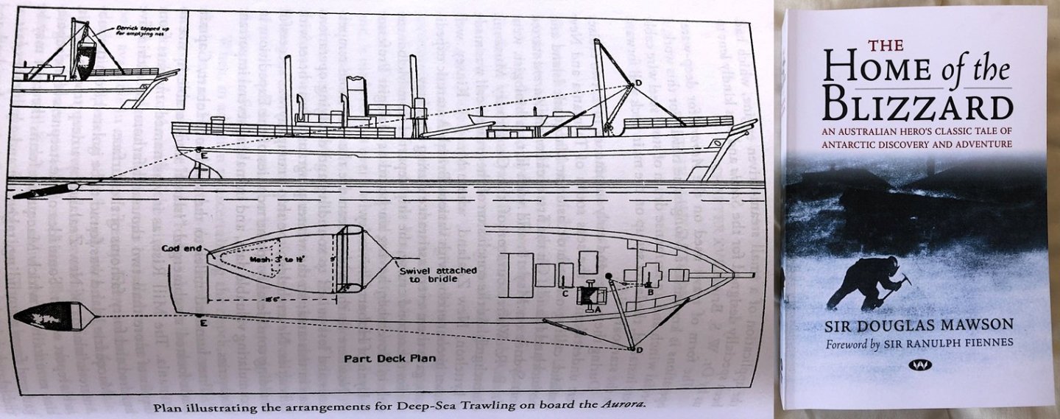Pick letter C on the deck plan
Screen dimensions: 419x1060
point(565,293)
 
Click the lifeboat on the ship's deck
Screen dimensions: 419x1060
point(508,118)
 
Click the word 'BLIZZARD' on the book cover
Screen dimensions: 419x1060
point(917,105)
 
